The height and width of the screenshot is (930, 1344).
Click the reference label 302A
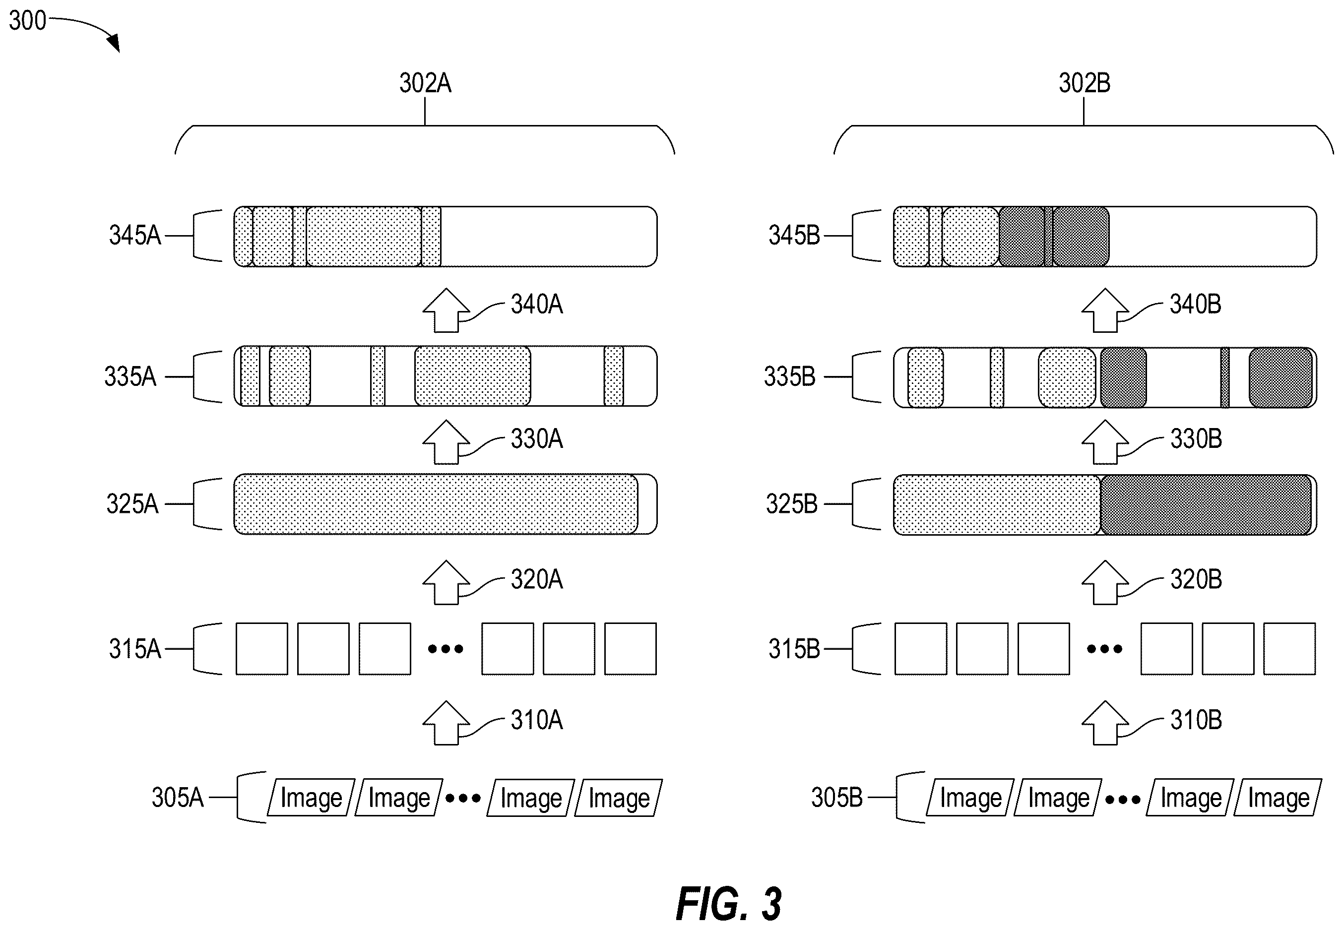click(425, 83)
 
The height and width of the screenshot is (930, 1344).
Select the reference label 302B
click(1084, 83)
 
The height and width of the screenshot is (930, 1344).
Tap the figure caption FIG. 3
click(728, 904)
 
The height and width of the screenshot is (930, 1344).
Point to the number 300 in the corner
click(27, 21)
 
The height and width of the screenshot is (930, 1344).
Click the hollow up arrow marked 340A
click(447, 310)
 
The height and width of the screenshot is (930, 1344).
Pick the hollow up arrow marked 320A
click(447, 583)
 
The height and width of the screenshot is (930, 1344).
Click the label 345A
click(134, 236)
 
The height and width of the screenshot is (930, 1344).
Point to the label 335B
click(790, 377)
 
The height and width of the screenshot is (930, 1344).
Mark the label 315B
click(794, 649)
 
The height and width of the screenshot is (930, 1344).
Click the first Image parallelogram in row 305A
click(311, 798)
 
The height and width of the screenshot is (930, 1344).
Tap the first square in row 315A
click(261, 649)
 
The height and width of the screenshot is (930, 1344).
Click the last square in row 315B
click(1289, 649)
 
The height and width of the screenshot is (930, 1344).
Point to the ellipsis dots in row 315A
click(446, 649)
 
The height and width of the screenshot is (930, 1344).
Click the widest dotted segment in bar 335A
click(473, 376)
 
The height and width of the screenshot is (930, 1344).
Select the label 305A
click(178, 798)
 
